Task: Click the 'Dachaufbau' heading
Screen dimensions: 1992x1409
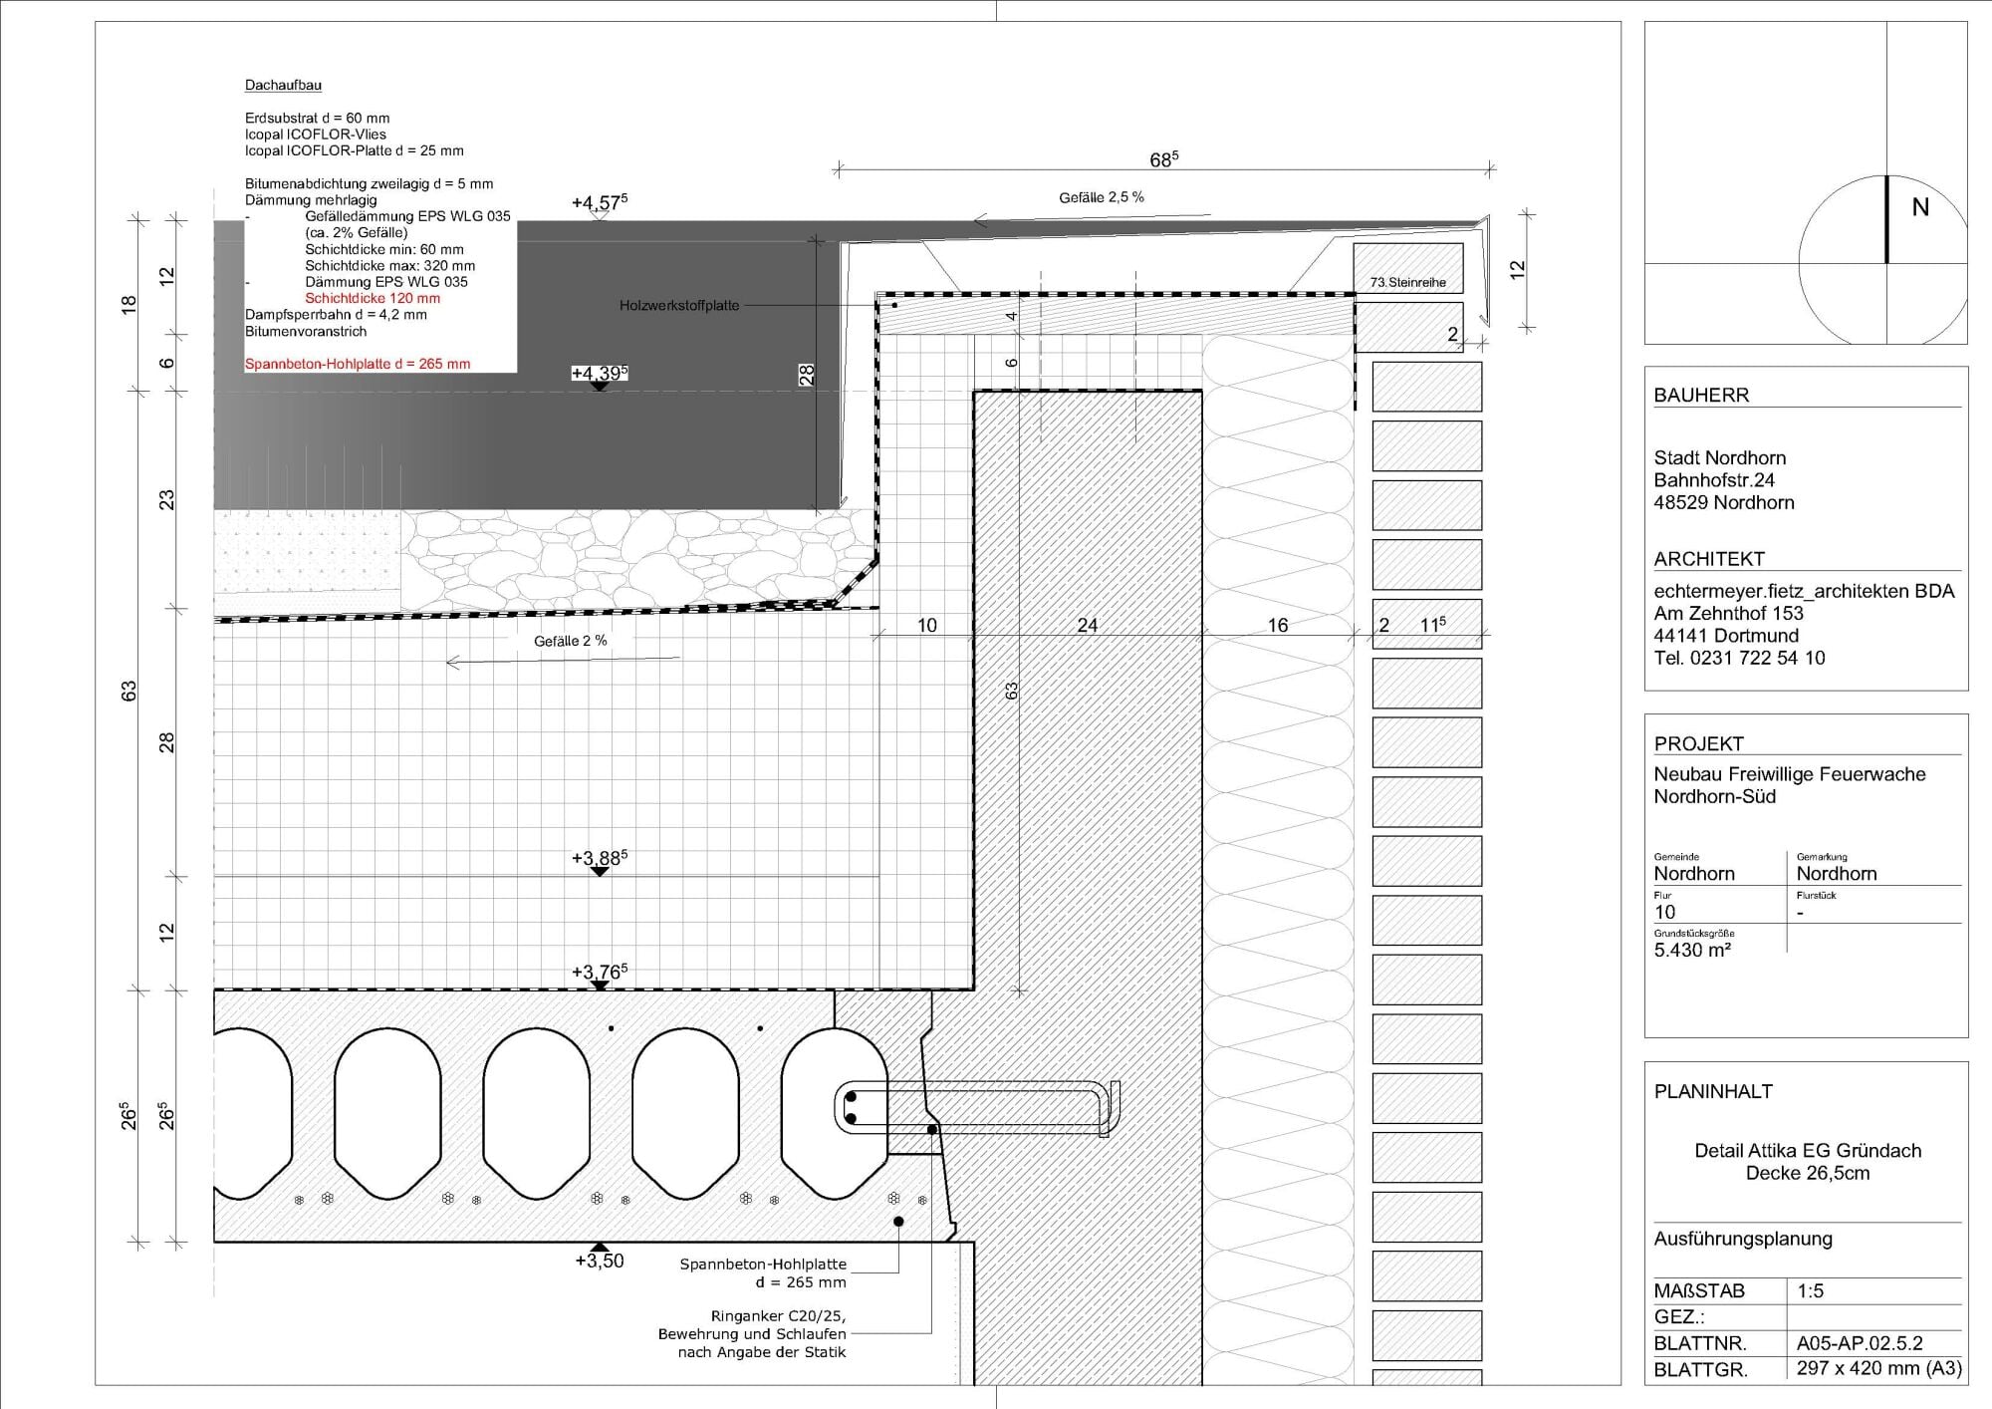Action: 283,86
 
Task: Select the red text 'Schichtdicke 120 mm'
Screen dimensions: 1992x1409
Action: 373,298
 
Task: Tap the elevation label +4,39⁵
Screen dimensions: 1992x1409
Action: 600,374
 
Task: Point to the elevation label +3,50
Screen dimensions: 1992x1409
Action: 600,1261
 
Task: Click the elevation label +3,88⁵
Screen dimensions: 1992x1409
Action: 600,858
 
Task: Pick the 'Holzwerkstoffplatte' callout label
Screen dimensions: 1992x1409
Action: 679,305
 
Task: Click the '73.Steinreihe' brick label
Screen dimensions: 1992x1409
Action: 1407,282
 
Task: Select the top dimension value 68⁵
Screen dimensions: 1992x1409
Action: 1164,158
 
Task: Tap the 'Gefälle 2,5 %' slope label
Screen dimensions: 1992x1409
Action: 1102,197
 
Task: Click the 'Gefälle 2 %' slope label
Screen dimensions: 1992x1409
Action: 571,641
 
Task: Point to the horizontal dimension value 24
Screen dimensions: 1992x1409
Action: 1088,625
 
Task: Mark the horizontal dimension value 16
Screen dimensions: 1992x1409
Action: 1278,625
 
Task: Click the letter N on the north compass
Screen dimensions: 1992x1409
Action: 1920,207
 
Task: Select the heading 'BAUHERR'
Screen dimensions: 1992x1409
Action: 1701,395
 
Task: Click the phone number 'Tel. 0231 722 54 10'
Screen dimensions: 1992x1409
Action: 1740,658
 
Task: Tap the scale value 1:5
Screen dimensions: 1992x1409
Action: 1811,1290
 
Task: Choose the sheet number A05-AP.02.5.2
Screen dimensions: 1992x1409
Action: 1860,1342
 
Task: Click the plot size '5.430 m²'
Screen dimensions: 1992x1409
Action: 1692,950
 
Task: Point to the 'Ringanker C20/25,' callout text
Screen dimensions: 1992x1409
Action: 779,1315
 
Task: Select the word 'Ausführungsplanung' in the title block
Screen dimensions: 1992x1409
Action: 1743,1239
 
